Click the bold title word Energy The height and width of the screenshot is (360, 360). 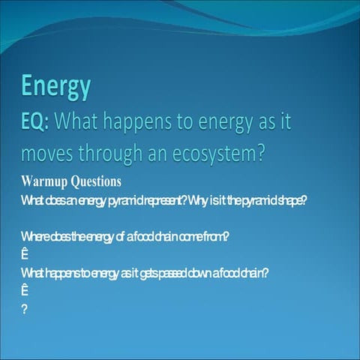click(56, 86)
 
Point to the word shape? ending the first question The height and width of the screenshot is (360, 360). click(289, 200)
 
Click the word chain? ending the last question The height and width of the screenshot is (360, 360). click(253, 273)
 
